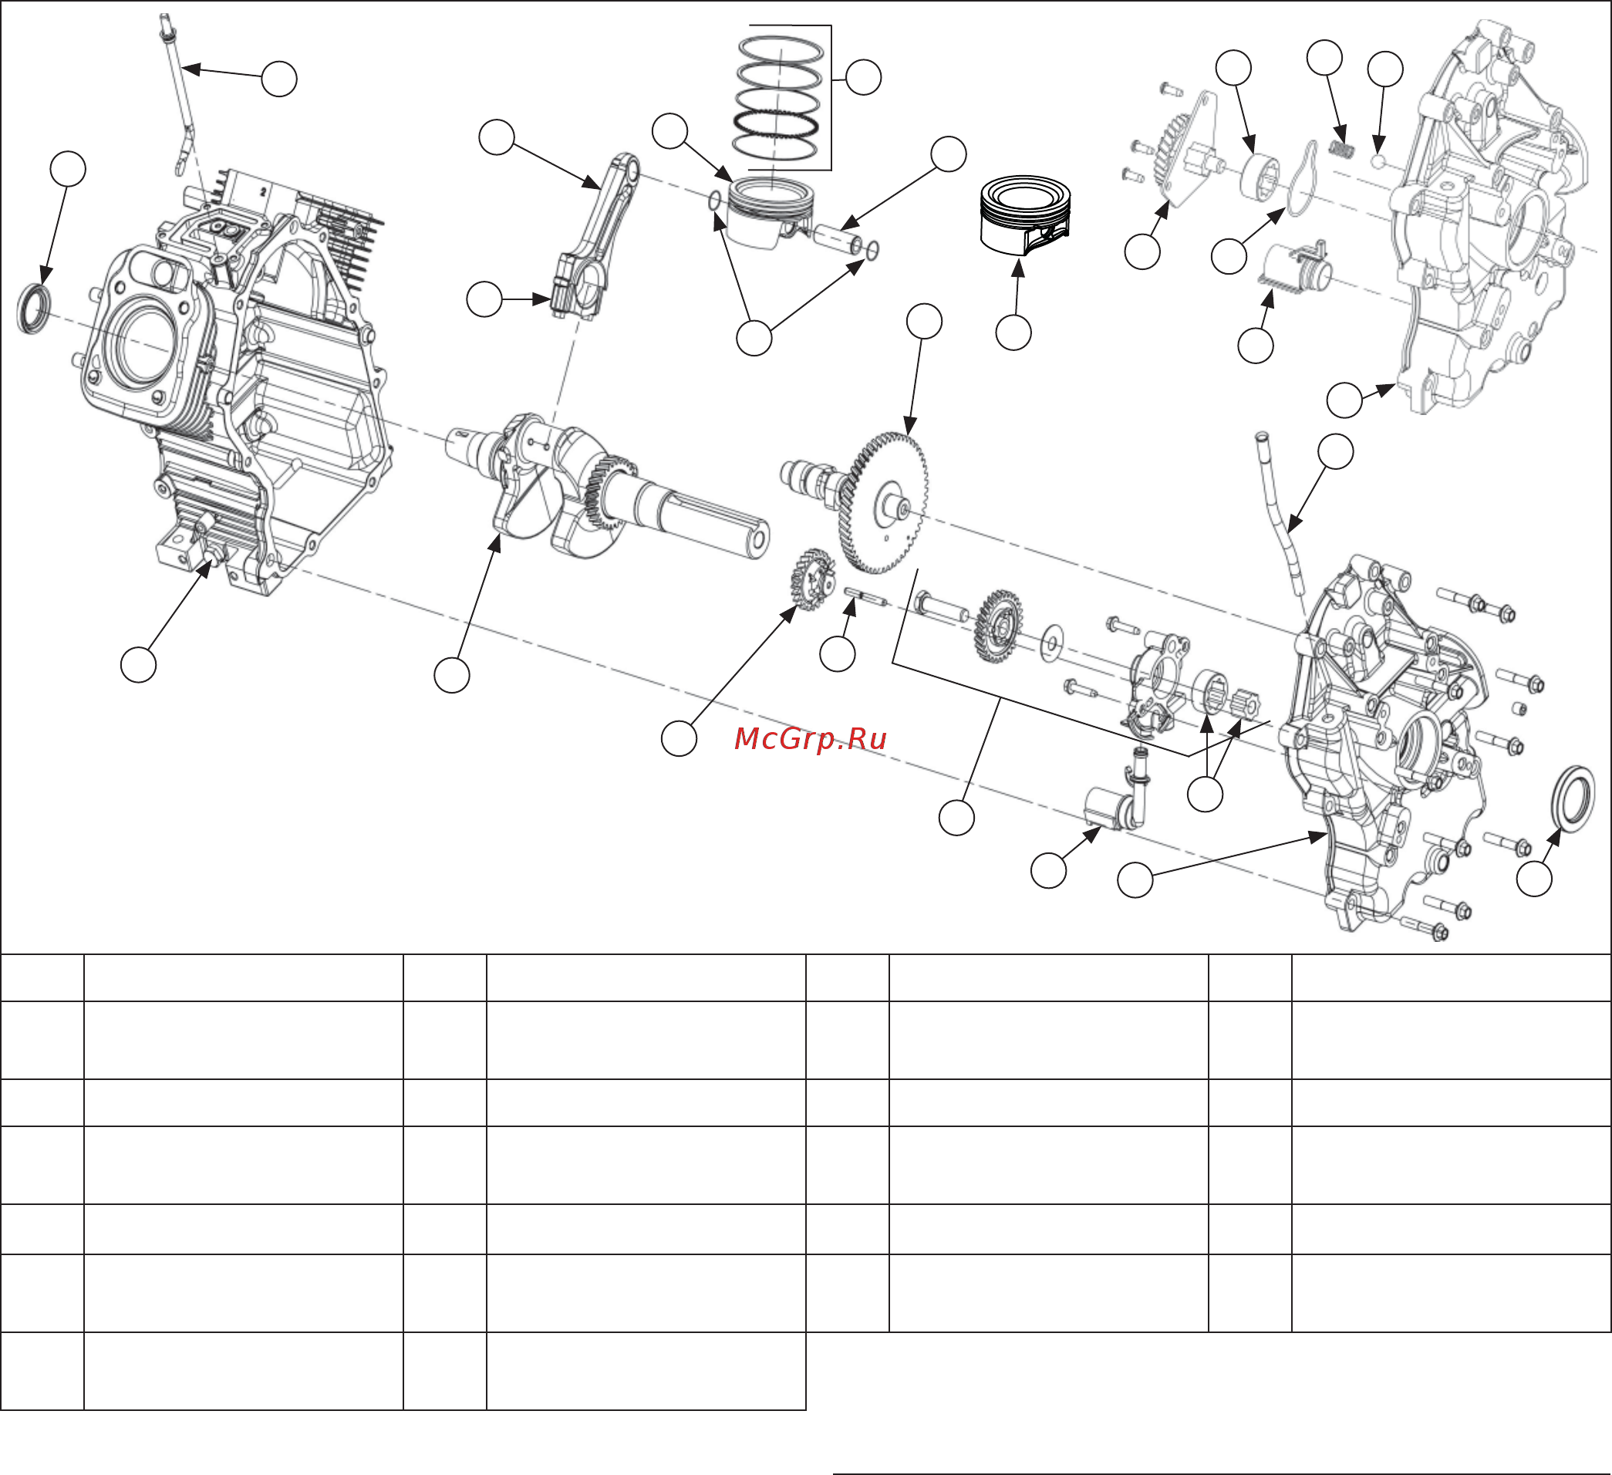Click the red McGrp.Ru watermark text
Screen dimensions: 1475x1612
click(x=810, y=739)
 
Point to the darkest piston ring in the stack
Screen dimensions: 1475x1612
click(x=776, y=124)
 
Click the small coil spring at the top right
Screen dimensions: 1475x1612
click(x=1342, y=149)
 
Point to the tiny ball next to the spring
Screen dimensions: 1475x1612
click(x=1378, y=160)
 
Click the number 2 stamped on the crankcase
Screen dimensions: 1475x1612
click(x=262, y=193)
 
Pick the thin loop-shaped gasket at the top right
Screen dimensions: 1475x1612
click(x=1303, y=180)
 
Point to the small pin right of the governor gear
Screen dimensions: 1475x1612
click(x=865, y=595)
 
